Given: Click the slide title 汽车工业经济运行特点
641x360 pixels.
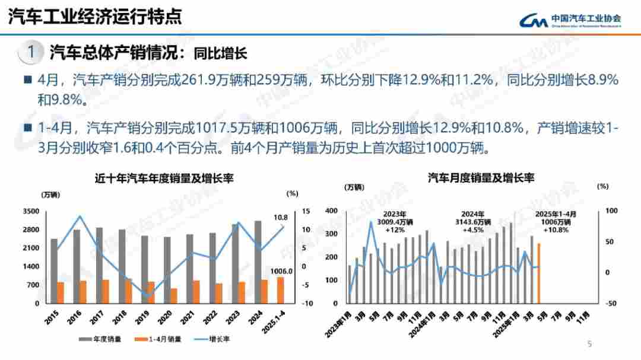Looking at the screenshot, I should (x=95, y=16).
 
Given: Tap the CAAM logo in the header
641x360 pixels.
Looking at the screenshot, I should (x=570, y=21).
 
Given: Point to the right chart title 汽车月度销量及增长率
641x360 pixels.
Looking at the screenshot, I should (x=481, y=177).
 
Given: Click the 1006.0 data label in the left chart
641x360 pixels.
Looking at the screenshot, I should (x=281, y=271).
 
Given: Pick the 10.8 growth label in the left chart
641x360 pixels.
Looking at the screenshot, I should (x=281, y=217).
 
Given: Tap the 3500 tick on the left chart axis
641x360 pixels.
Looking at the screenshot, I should (x=31, y=211).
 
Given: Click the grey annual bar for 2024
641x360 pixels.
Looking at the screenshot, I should (x=257, y=262).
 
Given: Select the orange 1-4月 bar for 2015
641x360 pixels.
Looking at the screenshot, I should (x=60, y=292).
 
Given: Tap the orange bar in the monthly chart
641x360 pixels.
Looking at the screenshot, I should (x=539, y=273).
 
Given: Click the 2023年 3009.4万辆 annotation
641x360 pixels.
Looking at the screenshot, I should (x=394, y=221).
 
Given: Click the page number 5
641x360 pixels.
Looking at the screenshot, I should (x=589, y=343).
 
